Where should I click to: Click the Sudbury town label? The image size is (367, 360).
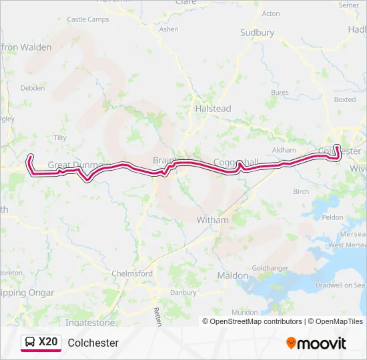pyautogui.click(x=258, y=33)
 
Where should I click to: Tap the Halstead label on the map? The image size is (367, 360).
pyautogui.click(x=213, y=109)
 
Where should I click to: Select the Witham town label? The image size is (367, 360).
pyautogui.click(x=213, y=220)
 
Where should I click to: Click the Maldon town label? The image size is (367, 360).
pyautogui.click(x=233, y=276)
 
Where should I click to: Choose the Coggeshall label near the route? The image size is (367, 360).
pyautogui.click(x=236, y=162)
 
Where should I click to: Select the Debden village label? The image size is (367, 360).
pyautogui.click(x=33, y=88)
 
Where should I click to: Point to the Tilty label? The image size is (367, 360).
pyautogui.click(x=60, y=138)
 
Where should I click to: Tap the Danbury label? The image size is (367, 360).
pyautogui.click(x=165, y=292)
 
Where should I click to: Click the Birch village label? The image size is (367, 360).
pyautogui.click(x=301, y=191)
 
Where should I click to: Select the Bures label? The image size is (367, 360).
pyautogui.click(x=280, y=93)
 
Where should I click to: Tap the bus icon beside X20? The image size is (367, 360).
pyautogui.click(x=30, y=343)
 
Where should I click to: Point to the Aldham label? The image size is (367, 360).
pyautogui.click(x=284, y=151)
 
